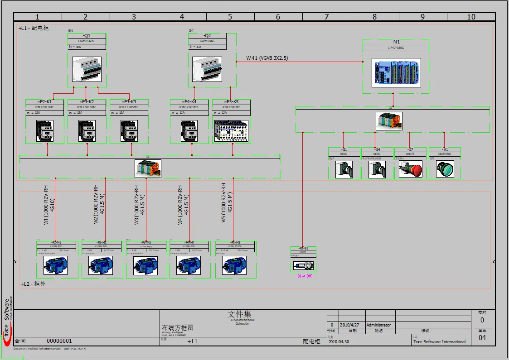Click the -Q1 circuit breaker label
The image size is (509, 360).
[87, 36]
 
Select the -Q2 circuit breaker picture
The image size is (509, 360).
[207, 69]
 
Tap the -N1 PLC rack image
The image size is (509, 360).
[396, 72]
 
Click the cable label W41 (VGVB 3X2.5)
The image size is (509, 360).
[267, 58]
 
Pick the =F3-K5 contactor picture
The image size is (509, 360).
[231, 131]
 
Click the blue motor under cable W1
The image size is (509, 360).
[56, 265]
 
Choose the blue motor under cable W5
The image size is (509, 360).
[234, 265]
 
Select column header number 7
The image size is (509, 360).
[326, 17]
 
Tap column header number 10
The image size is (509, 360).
[471, 17]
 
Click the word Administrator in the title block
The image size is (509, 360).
[378, 325]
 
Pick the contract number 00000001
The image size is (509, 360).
[59, 341]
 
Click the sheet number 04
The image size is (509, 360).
[482, 338]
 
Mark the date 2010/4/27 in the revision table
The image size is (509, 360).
[350, 325]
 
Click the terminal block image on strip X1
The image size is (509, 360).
[148, 169]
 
